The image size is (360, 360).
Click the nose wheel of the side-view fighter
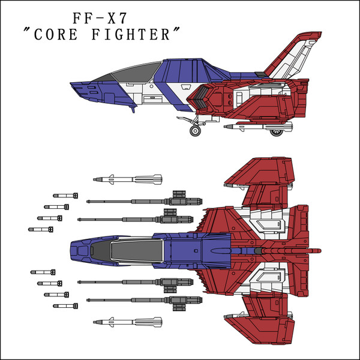click(195, 130)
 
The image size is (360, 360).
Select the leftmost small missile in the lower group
click(42, 272)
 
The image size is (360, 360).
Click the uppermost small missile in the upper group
click(65, 195)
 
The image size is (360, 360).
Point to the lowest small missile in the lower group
click(65, 305)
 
